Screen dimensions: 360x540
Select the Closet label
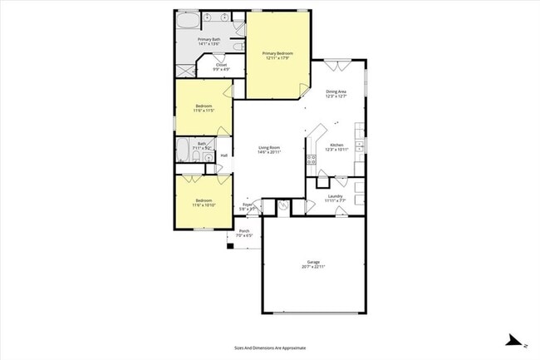pos(221,64)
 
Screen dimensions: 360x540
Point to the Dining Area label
pos(336,91)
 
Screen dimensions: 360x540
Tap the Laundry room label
pos(335,196)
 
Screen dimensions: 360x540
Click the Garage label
pos(313,262)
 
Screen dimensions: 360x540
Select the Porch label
pos(244,231)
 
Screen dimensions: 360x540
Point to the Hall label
pos(224,155)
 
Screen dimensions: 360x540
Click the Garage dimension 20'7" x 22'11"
pos(313,267)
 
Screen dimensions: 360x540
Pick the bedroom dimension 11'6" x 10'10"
pos(204,205)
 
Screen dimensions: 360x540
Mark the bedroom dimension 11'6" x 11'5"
pos(204,110)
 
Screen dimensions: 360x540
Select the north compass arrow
pos(515,340)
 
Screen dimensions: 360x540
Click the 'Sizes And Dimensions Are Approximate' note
pos(270,348)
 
